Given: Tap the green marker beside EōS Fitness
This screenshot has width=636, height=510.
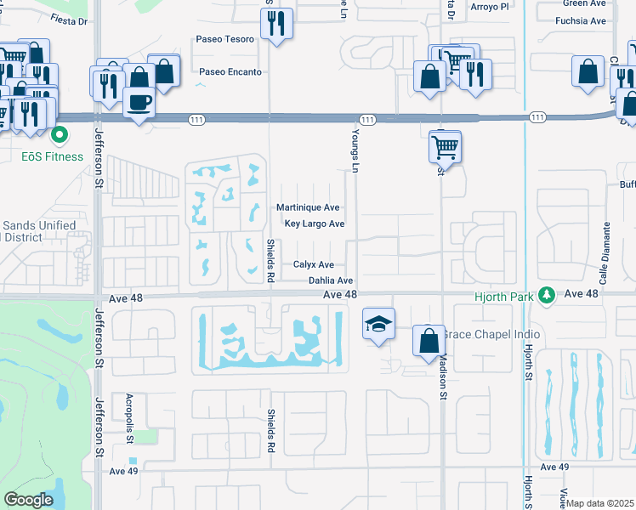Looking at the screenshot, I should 60,135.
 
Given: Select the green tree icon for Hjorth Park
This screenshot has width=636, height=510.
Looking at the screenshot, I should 549,294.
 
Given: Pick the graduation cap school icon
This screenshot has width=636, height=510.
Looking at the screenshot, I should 379,323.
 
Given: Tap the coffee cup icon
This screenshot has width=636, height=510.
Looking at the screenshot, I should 140,103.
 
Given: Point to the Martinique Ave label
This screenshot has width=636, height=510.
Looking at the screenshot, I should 308,207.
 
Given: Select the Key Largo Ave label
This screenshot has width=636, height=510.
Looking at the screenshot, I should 315,224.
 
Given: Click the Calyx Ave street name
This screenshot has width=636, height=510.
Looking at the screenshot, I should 314,264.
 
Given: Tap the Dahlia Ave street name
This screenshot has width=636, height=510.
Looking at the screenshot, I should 331,280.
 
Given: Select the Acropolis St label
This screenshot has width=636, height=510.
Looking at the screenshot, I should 130,416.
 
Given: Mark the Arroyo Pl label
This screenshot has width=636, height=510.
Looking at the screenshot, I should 491,6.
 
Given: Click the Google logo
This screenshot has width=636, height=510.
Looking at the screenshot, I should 29,500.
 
